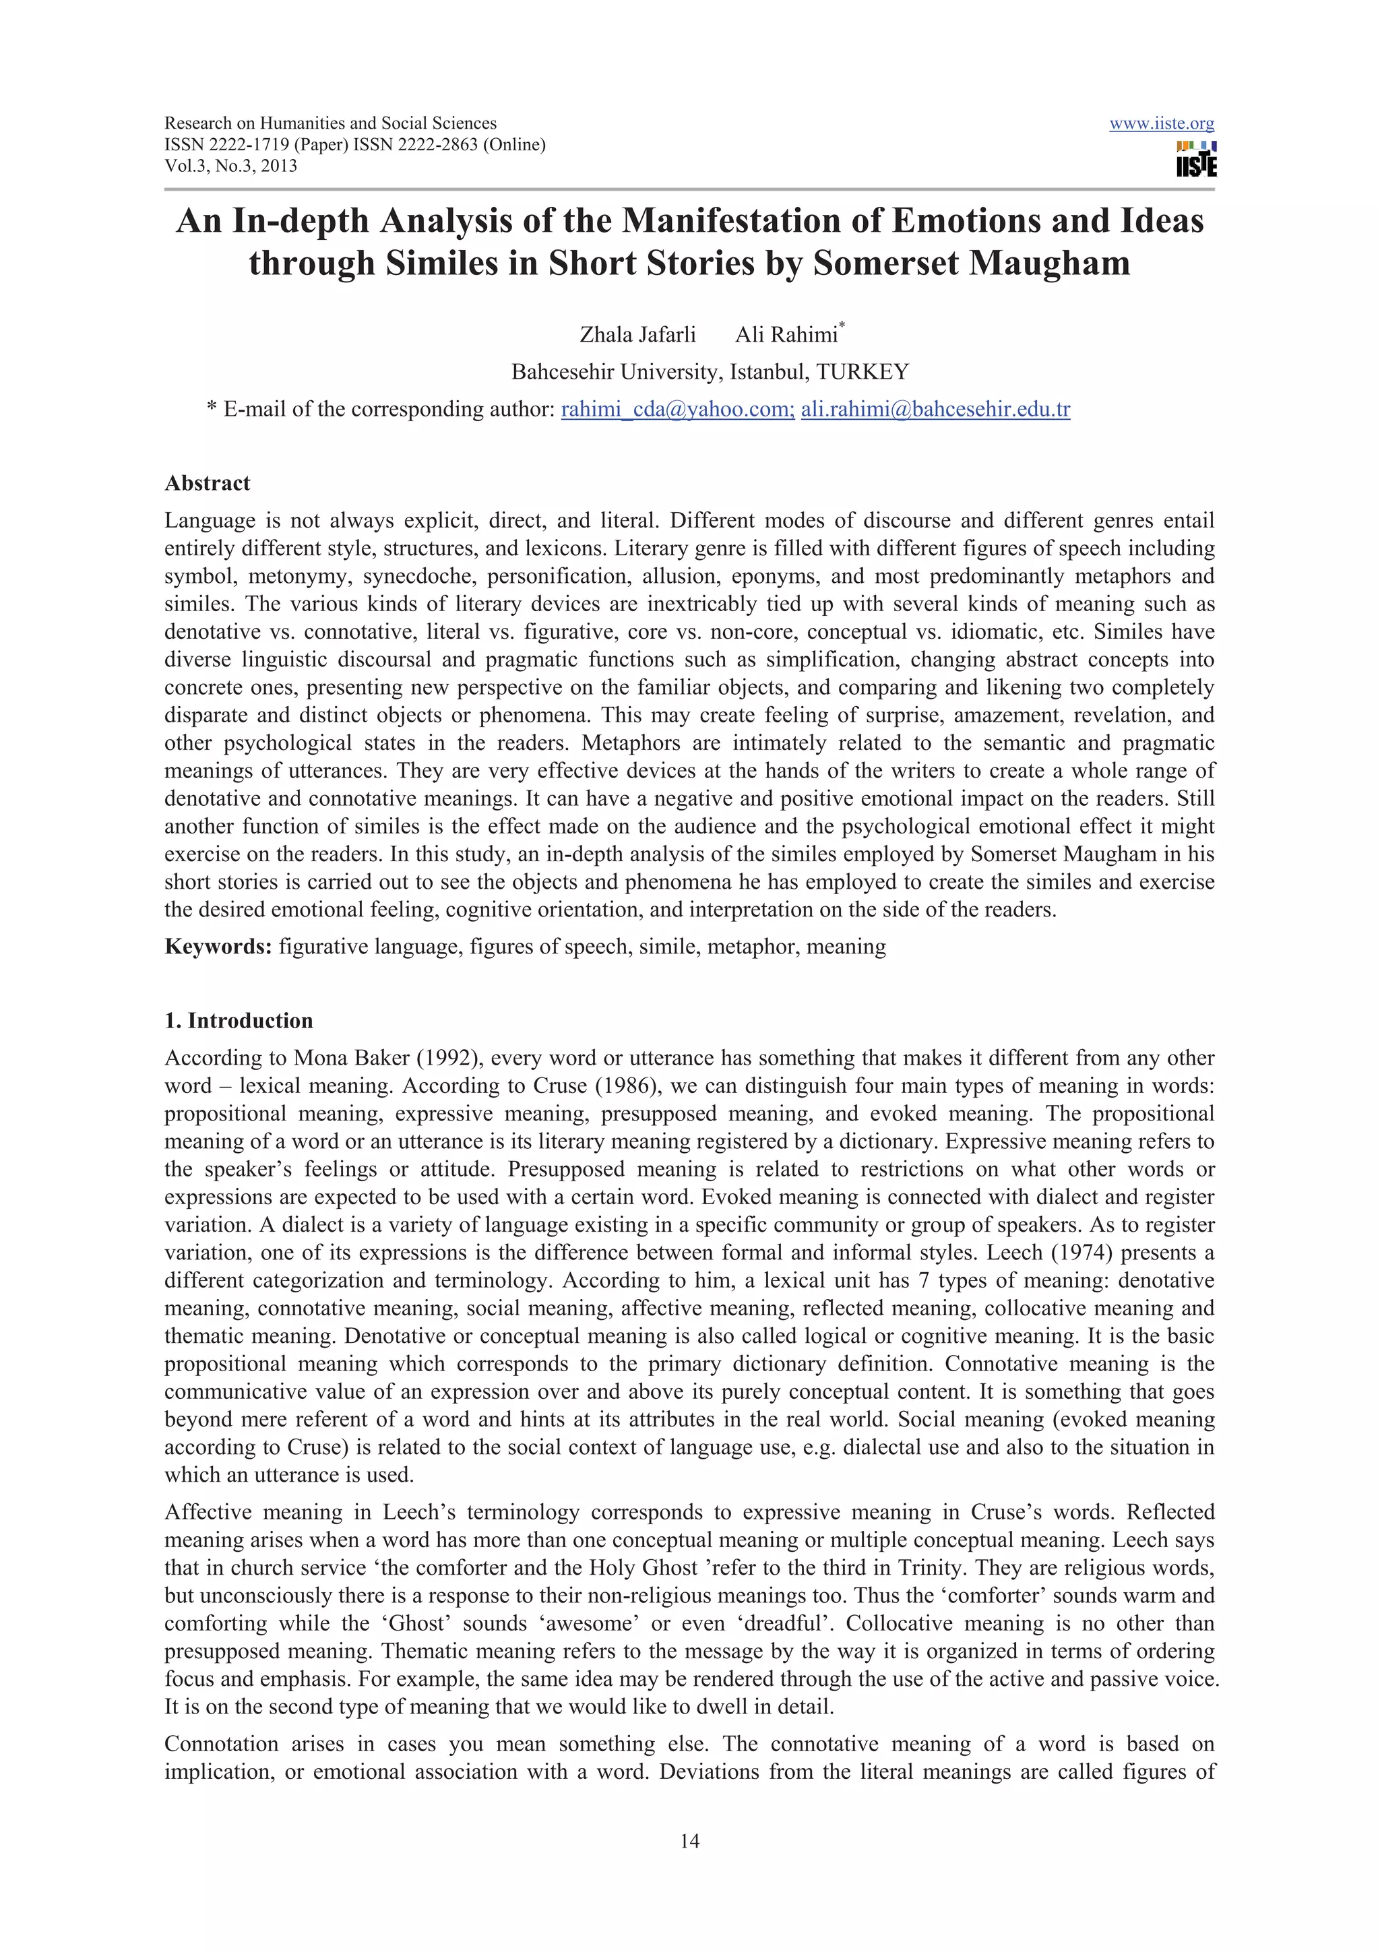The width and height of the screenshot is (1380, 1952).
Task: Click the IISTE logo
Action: click(x=1195, y=160)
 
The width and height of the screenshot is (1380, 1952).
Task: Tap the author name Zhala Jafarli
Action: click(x=637, y=335)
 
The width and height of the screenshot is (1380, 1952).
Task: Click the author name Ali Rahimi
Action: click(x=786, y=335)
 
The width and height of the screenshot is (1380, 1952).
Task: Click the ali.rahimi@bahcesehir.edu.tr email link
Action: click(x=935, y=410)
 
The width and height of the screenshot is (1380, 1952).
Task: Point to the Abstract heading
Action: click(x=208, y=483)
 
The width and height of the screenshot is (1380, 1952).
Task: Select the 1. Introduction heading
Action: click(x=239, y=1020)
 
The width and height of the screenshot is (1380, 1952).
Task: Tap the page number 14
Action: click(x=689, y=1841)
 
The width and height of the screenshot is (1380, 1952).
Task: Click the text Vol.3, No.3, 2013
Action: click(x=230, y=166)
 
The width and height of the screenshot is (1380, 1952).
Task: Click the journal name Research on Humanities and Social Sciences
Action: click(x=330, y=123)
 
